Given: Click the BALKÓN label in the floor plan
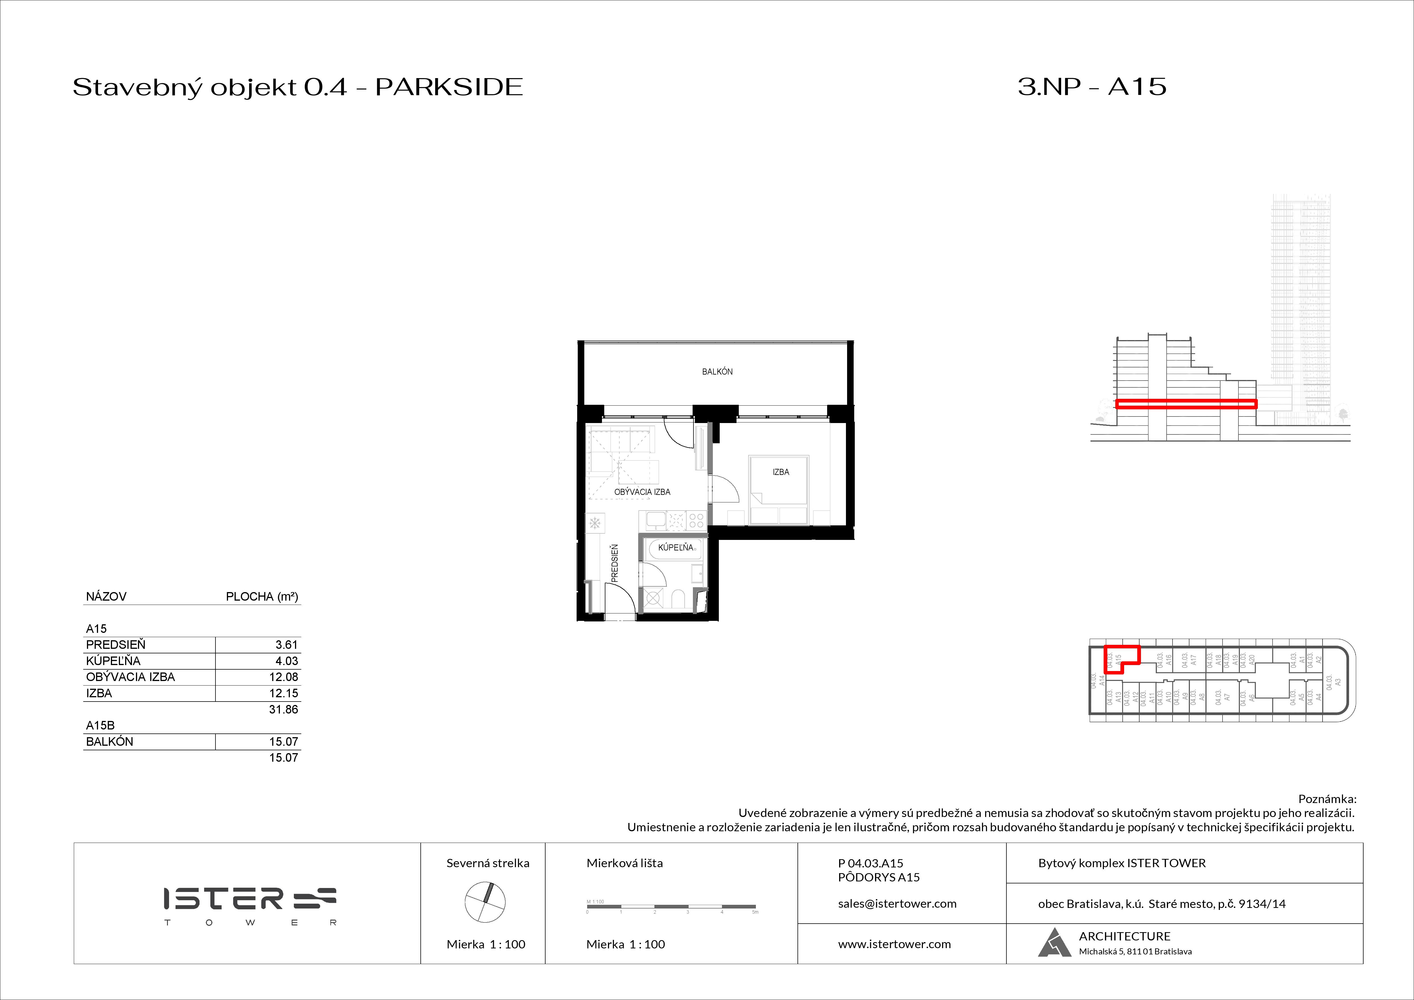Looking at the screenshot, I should click(717, 372).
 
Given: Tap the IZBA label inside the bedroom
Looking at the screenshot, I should click(780, 472).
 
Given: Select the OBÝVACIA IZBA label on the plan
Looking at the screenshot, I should click(642, 492).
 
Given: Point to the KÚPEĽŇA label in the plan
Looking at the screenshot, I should click(676, 547).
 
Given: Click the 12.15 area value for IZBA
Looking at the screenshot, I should click(283, 693).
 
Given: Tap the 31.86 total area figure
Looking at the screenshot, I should click(283, 709).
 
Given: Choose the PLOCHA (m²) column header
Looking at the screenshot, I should click(262, 597).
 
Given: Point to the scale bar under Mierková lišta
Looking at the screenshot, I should click(671, 907).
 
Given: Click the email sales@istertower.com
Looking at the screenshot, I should click(897, 904).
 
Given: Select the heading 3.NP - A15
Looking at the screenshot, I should click(1091, 87).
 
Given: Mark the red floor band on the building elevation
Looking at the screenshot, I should click(1185, 405).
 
